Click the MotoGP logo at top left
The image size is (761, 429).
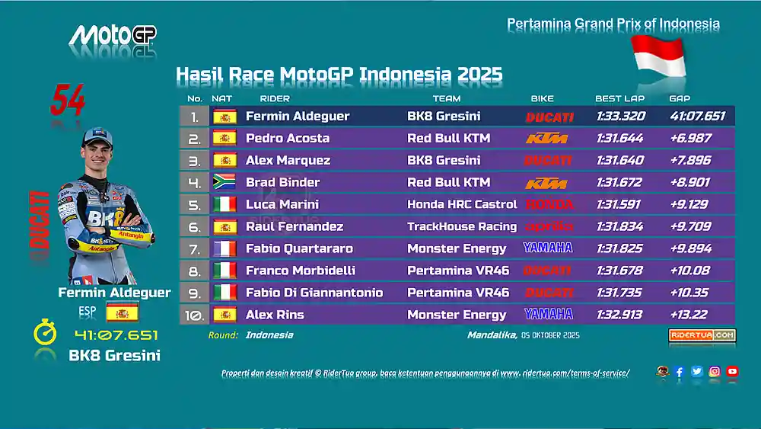coord(113,35)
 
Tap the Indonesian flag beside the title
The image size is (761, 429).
coord(658,56)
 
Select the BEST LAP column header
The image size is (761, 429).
coord(619,99)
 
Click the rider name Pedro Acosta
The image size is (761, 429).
coord(288,139)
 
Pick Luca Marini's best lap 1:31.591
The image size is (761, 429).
coord(619,204)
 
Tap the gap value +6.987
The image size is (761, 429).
coord(690,139)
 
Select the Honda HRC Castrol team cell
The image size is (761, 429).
coord(462,204)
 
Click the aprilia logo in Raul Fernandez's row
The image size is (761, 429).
coord(549,226)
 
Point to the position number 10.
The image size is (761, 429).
coord(194,315)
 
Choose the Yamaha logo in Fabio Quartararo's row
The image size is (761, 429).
coord(548,248)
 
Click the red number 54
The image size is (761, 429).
coord(68,101)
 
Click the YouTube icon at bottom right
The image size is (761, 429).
coord(732,372)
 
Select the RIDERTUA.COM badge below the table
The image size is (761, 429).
coord(702,335)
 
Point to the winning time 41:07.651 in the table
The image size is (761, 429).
coord(698,117)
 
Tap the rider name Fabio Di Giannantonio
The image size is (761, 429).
coord(314,293)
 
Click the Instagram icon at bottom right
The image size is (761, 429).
coord(715,372)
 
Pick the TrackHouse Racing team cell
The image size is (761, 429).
coord(462,226)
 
